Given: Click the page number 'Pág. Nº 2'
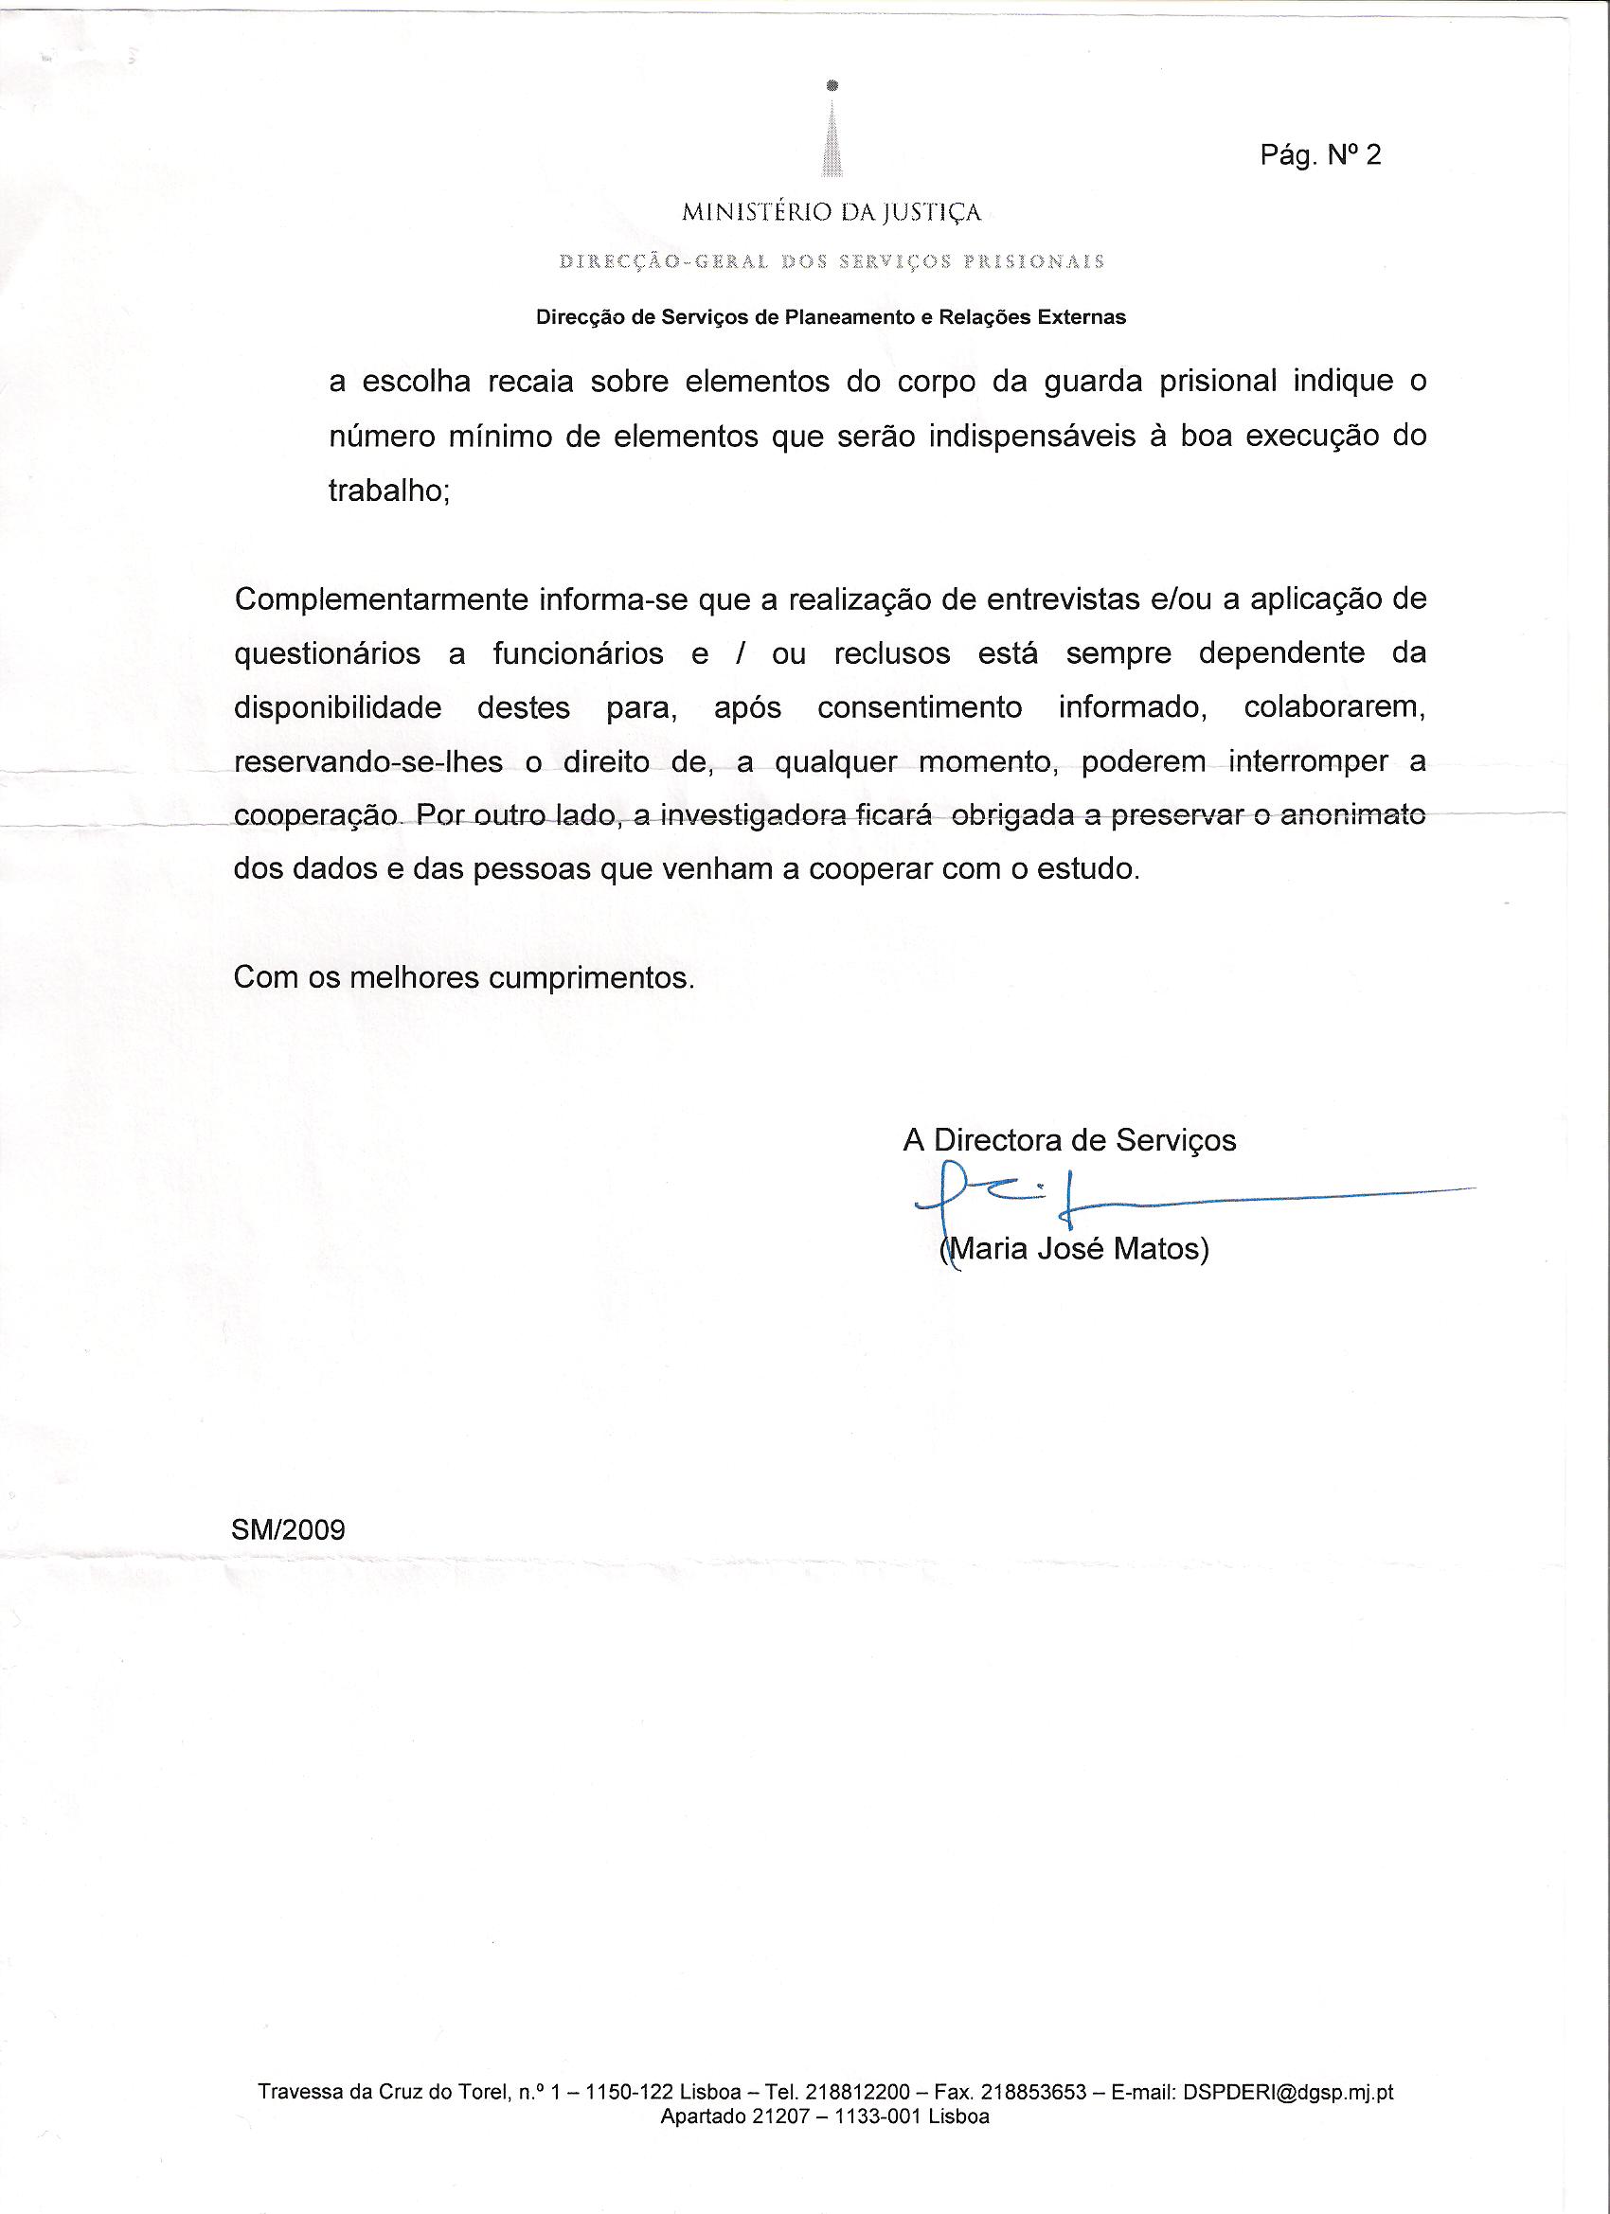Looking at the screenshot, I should pyautogui.click(x=1320, y=155).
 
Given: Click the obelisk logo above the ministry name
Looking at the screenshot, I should pyautogui.click(x=831, y=132).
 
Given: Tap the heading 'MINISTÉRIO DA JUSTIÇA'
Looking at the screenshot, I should pyautogui.click(x=831, y=212).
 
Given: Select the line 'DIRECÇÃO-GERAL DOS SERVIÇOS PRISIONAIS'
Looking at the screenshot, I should pyautogui.click(x=831, y=261).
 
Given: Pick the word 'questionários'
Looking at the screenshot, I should pyautogui.click(x=327, y=653).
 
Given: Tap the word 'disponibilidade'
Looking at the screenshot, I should pyautogui.click(x=338, y=706).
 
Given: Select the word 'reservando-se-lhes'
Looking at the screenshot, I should pyautogui.click(x=368, y=761).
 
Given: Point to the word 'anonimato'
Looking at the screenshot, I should pyautogui.click(x=1352, y=815).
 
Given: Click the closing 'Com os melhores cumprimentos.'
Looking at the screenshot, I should pyautogui.click(x=464, y=977).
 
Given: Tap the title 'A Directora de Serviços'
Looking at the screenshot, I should pyautogui.click(x=1069, y=1139).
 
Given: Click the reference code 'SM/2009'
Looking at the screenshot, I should pyautogui.click(x=288, y=1528).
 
